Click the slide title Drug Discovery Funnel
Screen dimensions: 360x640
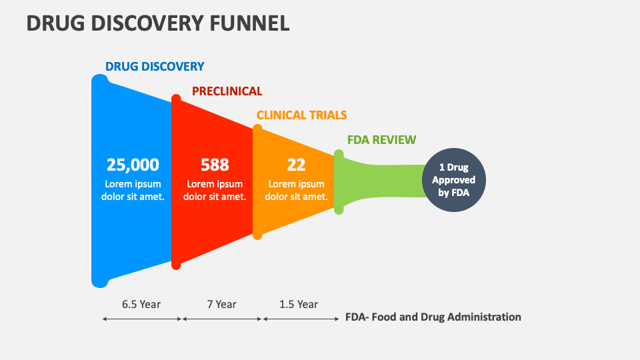tap(158, 23)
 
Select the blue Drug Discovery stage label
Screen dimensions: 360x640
tap(155, 67)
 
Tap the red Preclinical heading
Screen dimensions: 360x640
tap(227, 91)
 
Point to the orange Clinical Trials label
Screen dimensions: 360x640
tap(301, 115)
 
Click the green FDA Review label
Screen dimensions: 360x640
tap(381, 140)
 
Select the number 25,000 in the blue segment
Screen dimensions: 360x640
tap(133, 165)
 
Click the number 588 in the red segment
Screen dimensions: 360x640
tap(215, 165)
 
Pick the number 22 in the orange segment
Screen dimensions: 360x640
tap(296, 165)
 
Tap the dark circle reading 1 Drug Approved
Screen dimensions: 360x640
tap(453, 180)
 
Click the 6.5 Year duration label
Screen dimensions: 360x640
tap(141, 304)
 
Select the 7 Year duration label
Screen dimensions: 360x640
tap(221, 304)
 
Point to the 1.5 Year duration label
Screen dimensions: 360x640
tap(298, 304)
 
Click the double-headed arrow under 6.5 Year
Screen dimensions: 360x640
tap(142, 319)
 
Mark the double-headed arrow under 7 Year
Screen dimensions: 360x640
tap(222, 319)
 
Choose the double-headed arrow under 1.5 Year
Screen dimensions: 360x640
tap(301, 319)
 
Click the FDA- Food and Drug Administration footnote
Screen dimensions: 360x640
tap(433, 317)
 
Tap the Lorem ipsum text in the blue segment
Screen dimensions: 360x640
tap(133, 190)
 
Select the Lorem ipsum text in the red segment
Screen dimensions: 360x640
tap(215, 190)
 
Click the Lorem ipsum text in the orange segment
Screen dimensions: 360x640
tap(296, 190)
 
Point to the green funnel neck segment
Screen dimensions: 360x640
tap(380, 180)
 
